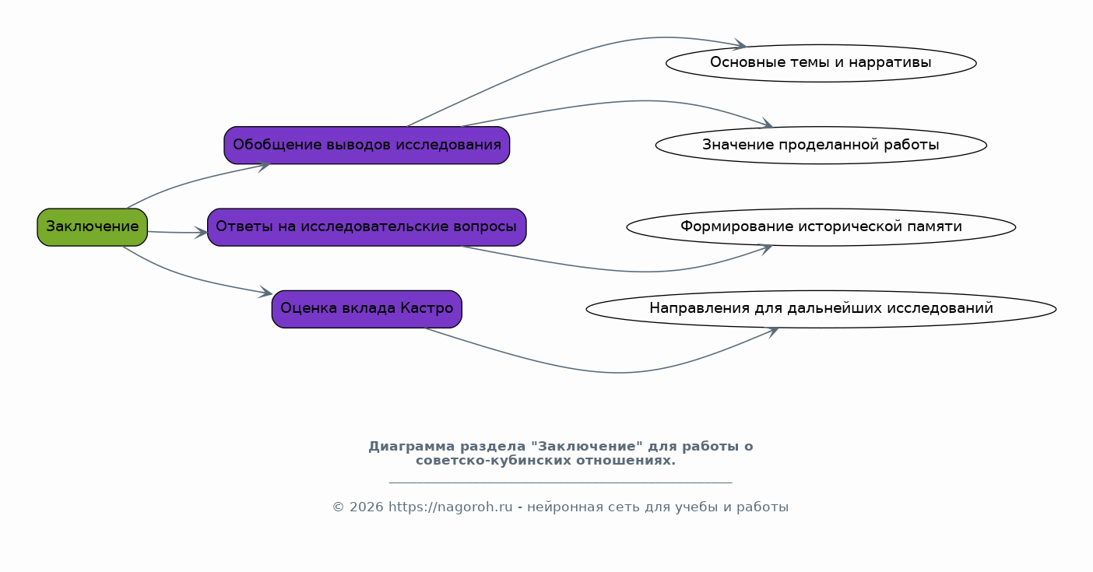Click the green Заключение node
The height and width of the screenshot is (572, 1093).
click(x=92, y=227)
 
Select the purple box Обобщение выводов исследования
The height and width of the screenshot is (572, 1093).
click(x=367, y=146)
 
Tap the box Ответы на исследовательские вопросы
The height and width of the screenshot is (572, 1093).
click(x=367, y=227)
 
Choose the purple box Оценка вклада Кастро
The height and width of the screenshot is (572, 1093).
click(x=367, y=309)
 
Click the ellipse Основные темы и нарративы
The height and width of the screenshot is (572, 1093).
click(x=821, y=63)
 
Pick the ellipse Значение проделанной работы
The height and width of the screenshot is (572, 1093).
click(x=821, y=146)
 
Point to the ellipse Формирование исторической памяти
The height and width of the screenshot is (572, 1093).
click(x=821, y=227)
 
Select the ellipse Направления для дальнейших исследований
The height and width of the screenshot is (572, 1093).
click(x=821, y=309)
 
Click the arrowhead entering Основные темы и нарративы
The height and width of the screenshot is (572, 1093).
click(x=740, y=45)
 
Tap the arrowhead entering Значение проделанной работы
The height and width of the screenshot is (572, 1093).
click(x=765, y=124)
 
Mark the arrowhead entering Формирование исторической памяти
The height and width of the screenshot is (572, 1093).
click(x=765, y=249)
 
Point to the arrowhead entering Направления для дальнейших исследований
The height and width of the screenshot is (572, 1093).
click(x=771, y=332)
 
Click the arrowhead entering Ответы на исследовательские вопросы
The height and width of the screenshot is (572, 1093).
click(x=201, y=233)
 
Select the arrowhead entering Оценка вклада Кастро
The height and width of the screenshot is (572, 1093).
click(x=265, y=292)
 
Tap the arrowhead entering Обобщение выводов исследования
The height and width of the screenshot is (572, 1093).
click(x=263, y=166)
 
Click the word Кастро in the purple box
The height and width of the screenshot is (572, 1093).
click(x=427, y=308)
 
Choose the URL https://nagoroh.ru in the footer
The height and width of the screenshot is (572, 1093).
click(x=451, y=507)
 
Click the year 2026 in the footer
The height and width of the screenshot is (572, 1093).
click(x=367, y=507)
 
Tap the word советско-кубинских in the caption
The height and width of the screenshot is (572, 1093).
click(x=494, y=461)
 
